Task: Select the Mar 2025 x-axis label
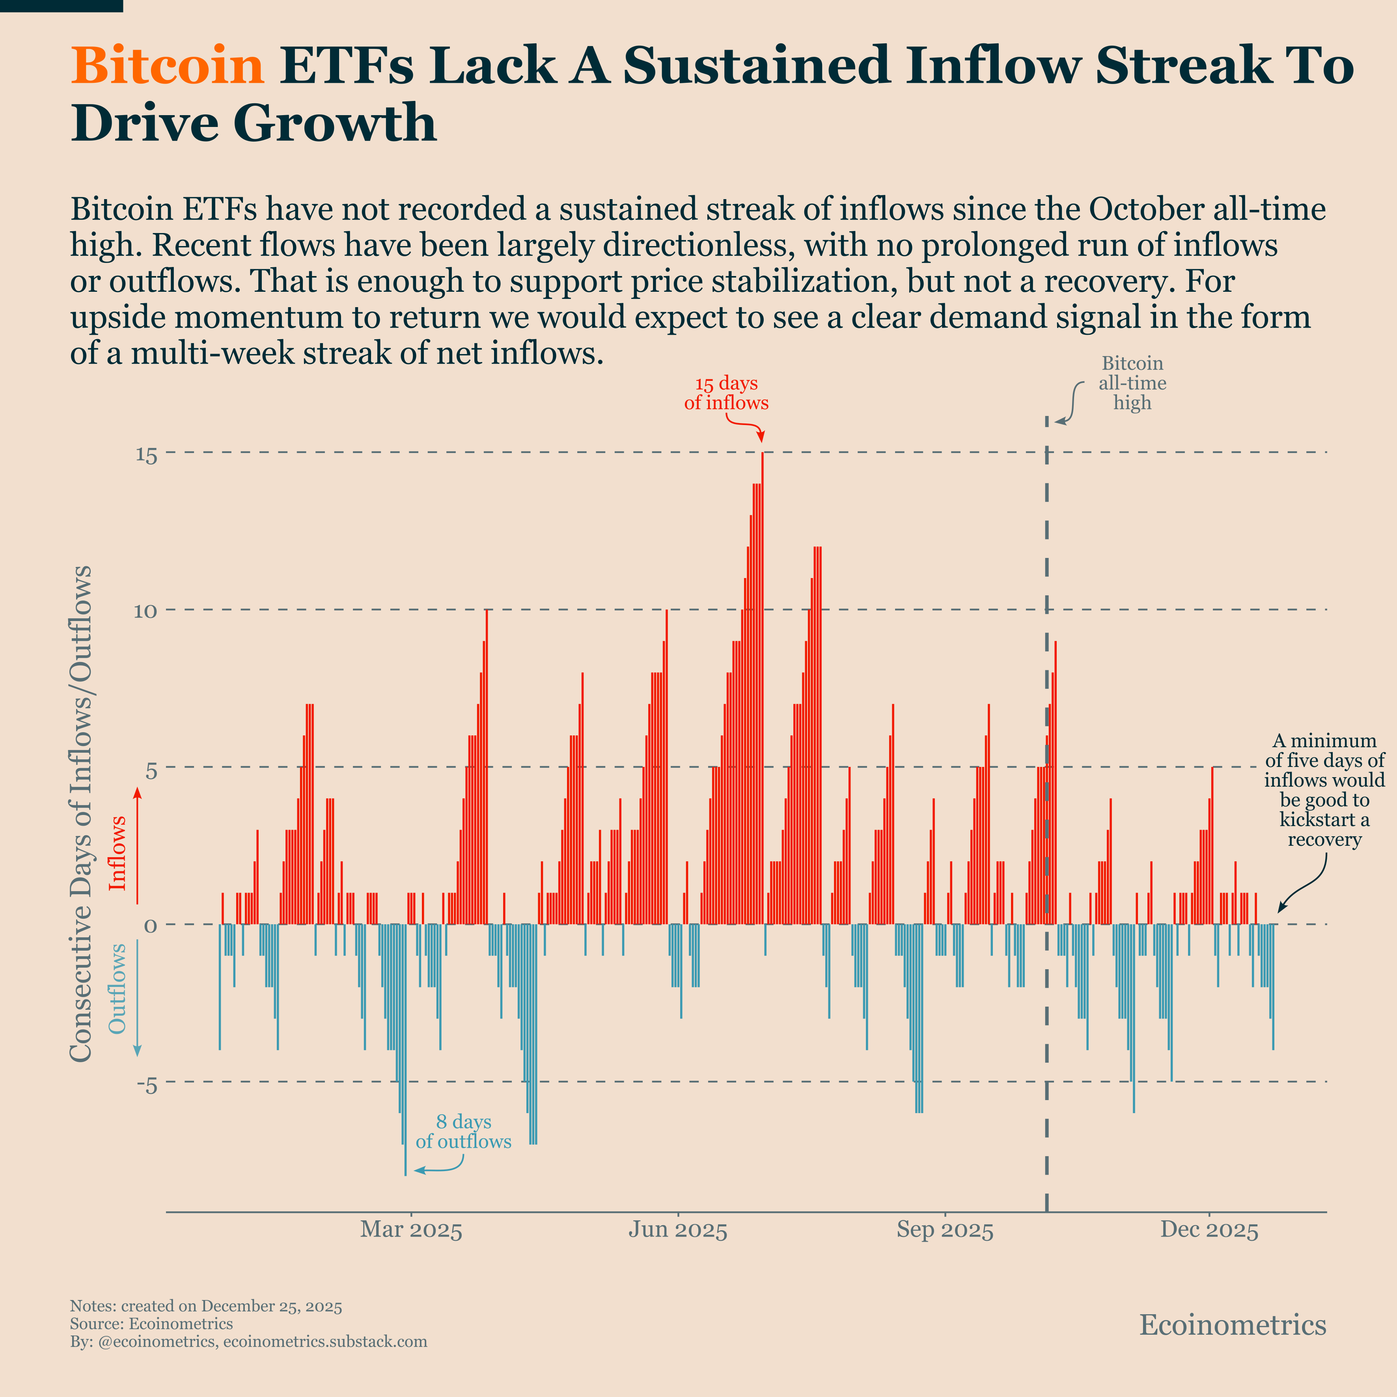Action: click(x=411, y=1230)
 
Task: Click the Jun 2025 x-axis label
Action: click(x=677, y=1230)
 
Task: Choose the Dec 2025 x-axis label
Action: click(x=1209, y=1230)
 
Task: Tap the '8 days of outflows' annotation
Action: click(x=463, y=1132)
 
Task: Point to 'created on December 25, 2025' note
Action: click(x=231, y=1306)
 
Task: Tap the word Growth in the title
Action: click(x=335, y=123)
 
